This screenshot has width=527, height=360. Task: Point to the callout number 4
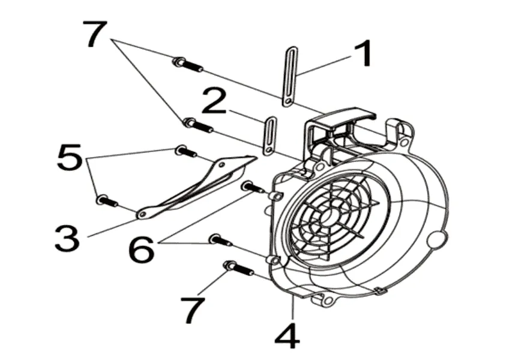pos(287,335)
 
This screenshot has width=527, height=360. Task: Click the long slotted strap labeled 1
pos(290,76)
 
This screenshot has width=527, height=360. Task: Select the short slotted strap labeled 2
pos(269,136)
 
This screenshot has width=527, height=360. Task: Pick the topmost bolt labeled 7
pos(188,64)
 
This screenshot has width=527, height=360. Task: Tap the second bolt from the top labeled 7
pos(199,125)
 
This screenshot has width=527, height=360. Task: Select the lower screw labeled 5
pos(107,200)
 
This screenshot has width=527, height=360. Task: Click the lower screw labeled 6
pos(220,240)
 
